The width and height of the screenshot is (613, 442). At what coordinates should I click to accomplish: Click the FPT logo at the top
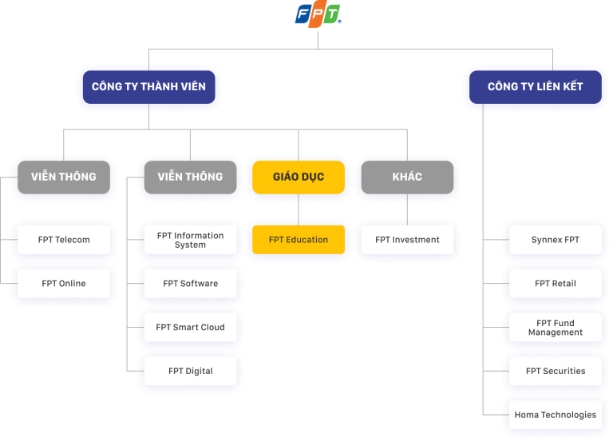click(318, 14)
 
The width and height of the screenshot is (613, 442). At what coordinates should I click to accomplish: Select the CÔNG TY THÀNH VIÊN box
click(148, 86)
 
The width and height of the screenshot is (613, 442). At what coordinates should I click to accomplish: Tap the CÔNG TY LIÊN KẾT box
click(535, 86)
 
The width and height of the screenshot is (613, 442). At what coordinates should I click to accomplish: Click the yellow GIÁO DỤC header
click(299, 177)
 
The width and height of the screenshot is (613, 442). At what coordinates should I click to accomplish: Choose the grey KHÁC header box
click(407, 177)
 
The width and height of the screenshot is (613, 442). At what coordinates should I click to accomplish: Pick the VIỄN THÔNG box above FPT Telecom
click(64, 177)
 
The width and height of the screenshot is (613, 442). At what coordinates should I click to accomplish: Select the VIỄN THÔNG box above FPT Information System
click(190, 177)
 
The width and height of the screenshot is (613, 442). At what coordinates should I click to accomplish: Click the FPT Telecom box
click(64, 240)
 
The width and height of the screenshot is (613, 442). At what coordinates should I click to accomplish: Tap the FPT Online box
click(64, 284)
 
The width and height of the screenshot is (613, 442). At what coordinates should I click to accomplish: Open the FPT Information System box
click(190, 240)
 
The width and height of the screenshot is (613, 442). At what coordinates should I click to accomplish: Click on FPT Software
click(190, 284)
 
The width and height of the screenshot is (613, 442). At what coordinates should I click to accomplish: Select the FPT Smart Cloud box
click(190, 327)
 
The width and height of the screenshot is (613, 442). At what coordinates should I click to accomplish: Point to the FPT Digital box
click(190, 371)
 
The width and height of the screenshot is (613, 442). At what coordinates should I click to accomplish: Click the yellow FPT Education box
click(299, 240)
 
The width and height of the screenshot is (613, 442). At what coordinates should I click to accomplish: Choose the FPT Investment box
click(407, 240)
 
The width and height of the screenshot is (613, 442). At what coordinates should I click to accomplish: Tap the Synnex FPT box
click(556, 240)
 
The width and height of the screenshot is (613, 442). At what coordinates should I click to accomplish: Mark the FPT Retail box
click(556, 284)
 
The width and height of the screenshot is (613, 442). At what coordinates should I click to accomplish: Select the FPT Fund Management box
click(556, 327)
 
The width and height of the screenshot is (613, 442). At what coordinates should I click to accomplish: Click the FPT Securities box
click(556, 371)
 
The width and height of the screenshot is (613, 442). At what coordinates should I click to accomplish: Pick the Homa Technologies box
click(556, 415)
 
